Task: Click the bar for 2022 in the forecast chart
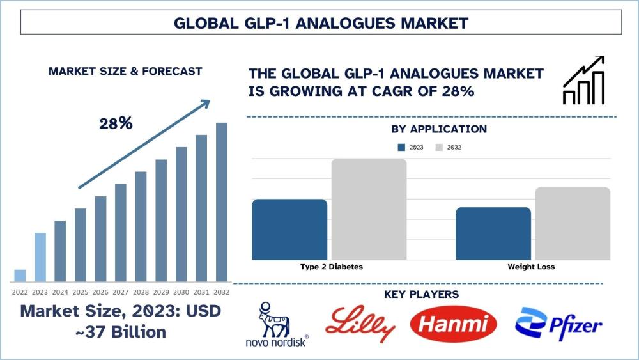point(20,276)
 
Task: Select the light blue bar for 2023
point(40,257)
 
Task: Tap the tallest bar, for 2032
point(221,202)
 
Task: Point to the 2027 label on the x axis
point(121,292)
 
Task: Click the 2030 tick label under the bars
point(181,292)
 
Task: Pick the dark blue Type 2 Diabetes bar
point(289,230)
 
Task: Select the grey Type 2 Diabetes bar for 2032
point(369,209)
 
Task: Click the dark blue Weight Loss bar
point(493,233)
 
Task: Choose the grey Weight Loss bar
point(573,223)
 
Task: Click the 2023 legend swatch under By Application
point(401,148)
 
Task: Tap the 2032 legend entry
point(449,148)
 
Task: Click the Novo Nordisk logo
point(277,325)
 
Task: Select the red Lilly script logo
point(360,324)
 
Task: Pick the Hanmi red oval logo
point(453,324)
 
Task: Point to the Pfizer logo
point(558,324)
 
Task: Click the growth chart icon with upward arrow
point(583,80)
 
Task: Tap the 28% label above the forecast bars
point(116,123)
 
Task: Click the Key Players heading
point(421,294)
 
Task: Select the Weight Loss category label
point(531,267)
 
